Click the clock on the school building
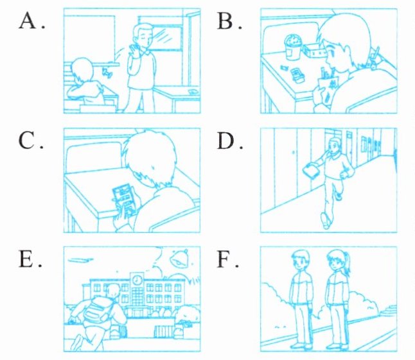(137, 280)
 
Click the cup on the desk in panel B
(293, 47)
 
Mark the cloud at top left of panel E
(80, 261)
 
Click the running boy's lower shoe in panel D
(326, 221)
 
